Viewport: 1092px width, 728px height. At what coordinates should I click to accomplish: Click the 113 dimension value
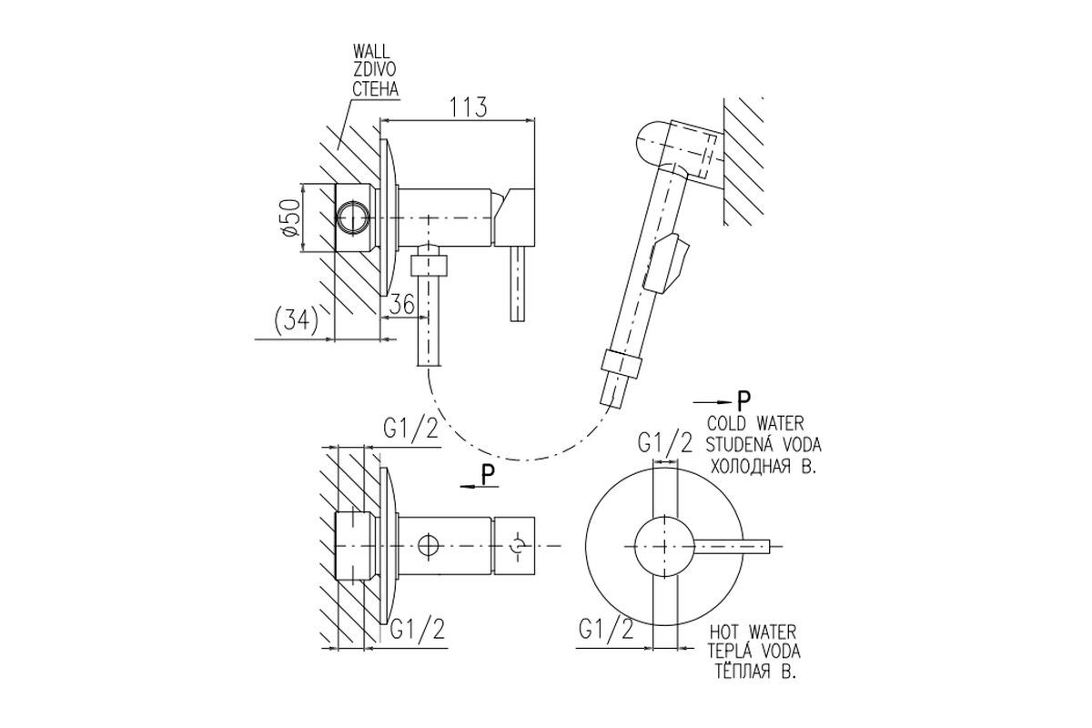coord(468,106)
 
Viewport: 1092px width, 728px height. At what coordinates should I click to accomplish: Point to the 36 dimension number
coord(402,304)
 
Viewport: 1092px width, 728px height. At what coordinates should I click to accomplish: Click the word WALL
coord(371,51)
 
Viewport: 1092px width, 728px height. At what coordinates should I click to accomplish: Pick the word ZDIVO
coord(374,70)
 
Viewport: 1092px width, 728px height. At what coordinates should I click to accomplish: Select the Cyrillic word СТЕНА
coord(375,89)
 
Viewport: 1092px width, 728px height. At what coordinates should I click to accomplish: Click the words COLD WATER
coord(755,423)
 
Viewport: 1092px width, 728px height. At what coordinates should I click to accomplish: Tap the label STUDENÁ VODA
coord(763,445)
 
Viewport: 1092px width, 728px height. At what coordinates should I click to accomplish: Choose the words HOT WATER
coord(753,632)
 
